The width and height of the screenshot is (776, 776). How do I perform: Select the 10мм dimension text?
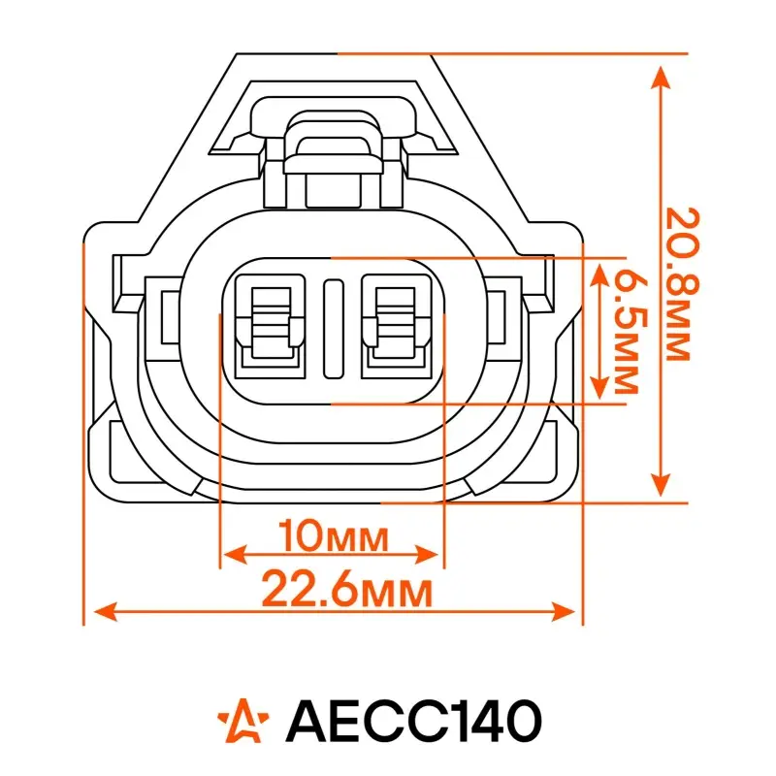(x=333, y=536)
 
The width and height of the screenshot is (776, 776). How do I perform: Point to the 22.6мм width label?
(x=346, y=589)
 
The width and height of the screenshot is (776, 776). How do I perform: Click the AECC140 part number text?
(x=413, y=721)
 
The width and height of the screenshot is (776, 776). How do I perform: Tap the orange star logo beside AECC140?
(x=243, y=721)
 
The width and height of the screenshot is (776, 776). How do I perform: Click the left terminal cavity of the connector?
(x=271, y=327)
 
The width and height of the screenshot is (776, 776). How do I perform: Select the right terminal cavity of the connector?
(x=397, y=327)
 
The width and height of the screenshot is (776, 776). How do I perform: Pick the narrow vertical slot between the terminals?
(x=333, y=329)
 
